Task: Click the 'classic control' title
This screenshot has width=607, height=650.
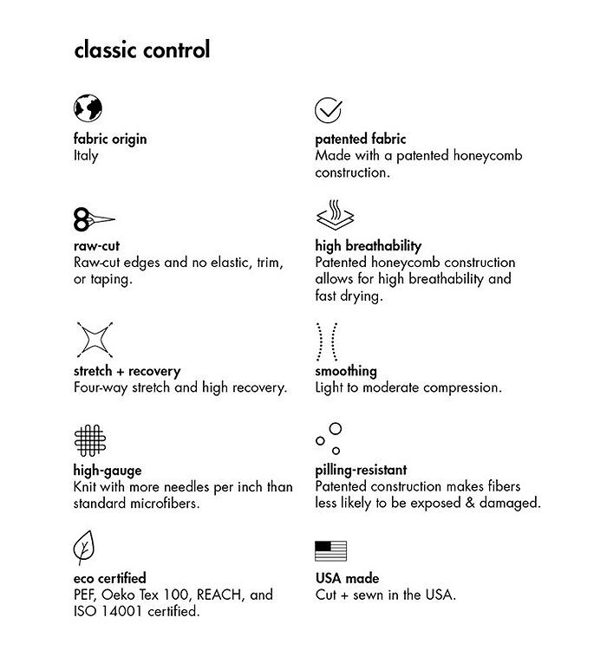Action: pyautogui.click(x=142, y=49)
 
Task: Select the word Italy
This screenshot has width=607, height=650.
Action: pyautogui.click(x=86, y=156)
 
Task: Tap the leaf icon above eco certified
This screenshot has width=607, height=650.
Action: pyautogui.click(x=85, y=549)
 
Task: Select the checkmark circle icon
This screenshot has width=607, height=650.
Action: pyautogui.click(x=328, y=110)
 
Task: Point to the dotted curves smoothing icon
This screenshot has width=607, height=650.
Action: pyautogui.click(x=327, y=341)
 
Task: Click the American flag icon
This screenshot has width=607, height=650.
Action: pyautogui.click(x=330, y=550)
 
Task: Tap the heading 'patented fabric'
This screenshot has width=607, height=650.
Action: pyautogui.click(x=360, y=139)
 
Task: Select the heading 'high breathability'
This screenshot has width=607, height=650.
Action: pyautogui.click(x=368, y=246)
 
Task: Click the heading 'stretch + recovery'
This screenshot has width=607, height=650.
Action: pyautogui.click(x=127, y=371)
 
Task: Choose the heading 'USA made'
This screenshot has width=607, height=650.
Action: pyautogui.click(x=347, y=578)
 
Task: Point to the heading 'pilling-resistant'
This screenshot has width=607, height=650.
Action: pyautogui.click(x=361, y=471)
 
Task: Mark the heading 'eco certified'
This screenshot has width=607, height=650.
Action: pyautogui.click(x=109, y=578)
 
